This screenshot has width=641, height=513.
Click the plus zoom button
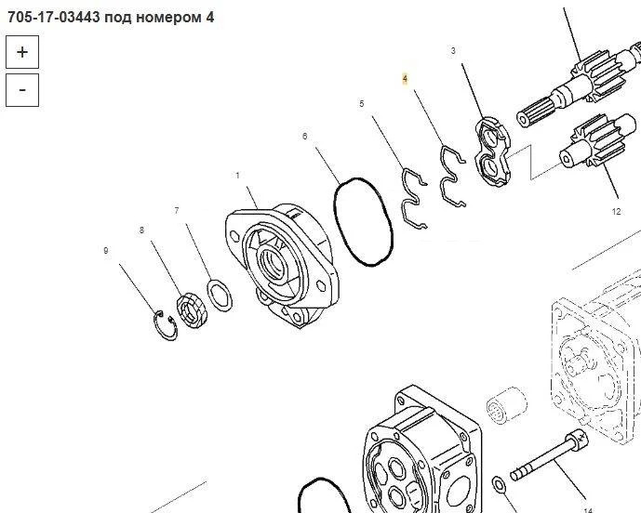pos(22,52)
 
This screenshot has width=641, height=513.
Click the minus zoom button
pos(22,90)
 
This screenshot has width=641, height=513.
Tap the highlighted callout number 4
pos(405,78)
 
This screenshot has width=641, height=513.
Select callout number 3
pos(453,50)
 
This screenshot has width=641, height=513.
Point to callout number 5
pos(361,104)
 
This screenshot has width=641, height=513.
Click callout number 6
pos(304,136)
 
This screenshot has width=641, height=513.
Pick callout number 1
pos(237,176)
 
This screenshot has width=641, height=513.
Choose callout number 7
pos(177,210)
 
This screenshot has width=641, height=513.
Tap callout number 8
pos(141,230)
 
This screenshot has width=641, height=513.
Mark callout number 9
pos(106,250)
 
